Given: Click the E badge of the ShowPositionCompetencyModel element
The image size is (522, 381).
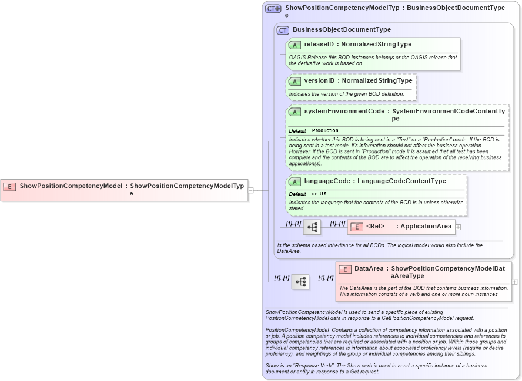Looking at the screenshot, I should click(9, 186).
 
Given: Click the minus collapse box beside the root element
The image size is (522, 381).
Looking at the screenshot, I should click(251, 190).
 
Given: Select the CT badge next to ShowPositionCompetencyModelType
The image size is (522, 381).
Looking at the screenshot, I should click(273, 8).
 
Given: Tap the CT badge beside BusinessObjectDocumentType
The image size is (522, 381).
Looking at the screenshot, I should click(283, 30).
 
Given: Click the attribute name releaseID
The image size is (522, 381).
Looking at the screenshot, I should click(319, 45).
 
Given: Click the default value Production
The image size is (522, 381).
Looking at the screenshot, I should click(325, 130).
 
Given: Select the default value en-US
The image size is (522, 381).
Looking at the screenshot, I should click(320, 194).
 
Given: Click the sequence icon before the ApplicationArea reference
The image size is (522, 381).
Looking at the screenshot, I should click(312, 227).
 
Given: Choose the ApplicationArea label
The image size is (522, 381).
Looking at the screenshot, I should click(426, 227).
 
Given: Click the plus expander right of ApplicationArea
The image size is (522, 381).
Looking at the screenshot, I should click(458, 227).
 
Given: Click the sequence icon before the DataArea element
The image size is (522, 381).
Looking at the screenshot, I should click(300, 282).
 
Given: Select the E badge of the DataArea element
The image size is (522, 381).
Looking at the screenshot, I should click(345, 269).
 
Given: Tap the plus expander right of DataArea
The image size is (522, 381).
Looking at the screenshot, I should click(514, 282).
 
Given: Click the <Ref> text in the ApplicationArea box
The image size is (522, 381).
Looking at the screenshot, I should click(375, 227).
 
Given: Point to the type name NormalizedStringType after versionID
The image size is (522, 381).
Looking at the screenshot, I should click(377, 80).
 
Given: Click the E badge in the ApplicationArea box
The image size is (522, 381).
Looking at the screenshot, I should click(356, 227).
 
